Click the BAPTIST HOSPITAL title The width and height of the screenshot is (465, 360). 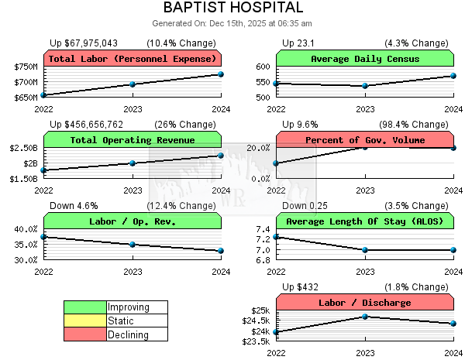232,8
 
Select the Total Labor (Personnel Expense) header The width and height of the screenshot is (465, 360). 133,59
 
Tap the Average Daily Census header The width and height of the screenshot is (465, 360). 365,59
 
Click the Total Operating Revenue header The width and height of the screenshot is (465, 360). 133,140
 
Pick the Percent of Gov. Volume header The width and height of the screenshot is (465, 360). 365,140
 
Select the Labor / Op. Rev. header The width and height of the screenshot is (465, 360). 133,221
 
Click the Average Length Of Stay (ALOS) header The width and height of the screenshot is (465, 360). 365,221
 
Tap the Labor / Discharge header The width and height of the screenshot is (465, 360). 365,303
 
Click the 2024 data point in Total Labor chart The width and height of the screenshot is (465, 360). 221,74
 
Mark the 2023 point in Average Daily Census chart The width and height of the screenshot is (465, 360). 365,86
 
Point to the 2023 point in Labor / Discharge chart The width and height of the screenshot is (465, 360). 365,317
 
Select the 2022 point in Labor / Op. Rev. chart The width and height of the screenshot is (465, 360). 44,237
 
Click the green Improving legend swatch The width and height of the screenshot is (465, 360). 84,307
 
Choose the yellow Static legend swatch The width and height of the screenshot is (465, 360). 84,321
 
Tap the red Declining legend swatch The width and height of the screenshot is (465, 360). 84,335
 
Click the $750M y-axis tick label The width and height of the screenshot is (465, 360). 26,67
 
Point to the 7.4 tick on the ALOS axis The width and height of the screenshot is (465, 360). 262,230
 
